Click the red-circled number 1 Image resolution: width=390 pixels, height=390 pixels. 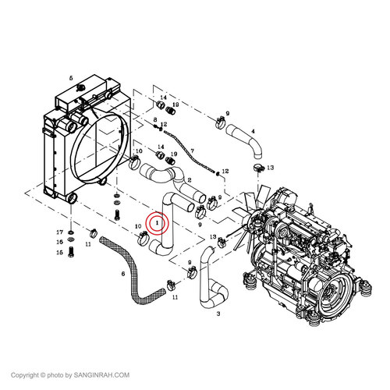tap(157, 223)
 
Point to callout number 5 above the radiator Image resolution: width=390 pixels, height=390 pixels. tap(71, 78)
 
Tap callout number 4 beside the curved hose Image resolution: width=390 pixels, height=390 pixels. tap(253, 131)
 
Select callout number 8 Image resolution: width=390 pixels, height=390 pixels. tap(155, 120)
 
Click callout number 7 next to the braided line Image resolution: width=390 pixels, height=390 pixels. tap(192, 151)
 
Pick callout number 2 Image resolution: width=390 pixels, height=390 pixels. tap(190, 180)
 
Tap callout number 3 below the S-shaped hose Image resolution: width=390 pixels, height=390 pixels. tap(218, 314)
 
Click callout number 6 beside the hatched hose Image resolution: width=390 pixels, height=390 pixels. tap(123, 274)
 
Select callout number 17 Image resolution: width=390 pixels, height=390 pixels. tap(60, 232)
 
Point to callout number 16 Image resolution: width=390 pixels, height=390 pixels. tap(60, 242)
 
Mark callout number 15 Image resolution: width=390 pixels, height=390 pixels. tap(60, 253)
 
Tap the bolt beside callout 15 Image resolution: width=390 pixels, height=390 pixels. tap(71, 252)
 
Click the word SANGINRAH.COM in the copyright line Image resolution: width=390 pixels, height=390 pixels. tap(101, 375)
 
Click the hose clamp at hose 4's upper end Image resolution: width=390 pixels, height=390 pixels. tap(220, 122)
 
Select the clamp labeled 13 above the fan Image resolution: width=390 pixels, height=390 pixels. tap(258, 168)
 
